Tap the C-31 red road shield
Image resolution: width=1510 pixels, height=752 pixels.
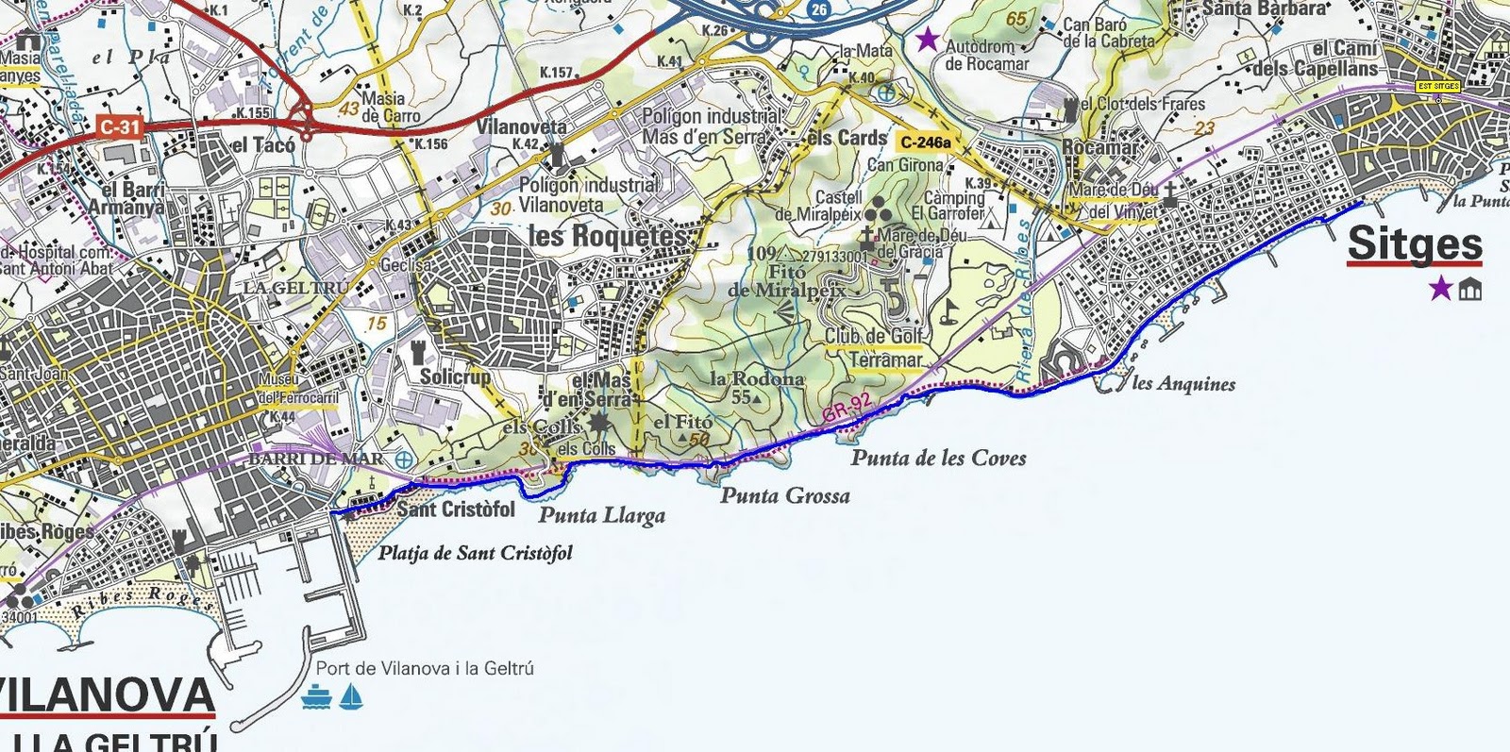tap(120, 126)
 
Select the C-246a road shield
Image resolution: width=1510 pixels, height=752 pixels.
tap(926, 142)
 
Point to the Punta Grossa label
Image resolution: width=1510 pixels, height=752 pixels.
tap(785, 495)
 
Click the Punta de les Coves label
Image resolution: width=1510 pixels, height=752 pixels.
tap(938, 459)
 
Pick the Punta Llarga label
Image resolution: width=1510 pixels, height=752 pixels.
tap(602, 515)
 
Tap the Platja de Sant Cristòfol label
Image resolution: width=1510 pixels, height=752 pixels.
tap(476, 553)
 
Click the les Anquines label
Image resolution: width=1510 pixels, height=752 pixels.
tap(1183, 383)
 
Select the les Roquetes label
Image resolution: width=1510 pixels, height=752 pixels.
tap(610, 236)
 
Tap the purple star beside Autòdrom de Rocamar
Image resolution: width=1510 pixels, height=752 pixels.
tap(929, 40)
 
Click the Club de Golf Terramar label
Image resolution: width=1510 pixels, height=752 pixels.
tap(875, 347)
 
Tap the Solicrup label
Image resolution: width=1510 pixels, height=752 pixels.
tap(455, 376)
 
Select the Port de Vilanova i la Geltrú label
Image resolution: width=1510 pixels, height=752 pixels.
tap(425, 668)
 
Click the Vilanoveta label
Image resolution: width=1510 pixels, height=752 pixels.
tap(522, 126)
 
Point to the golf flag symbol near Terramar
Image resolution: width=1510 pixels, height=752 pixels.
tap(949, 311)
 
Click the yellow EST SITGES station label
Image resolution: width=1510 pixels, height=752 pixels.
tap(1438, 87)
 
